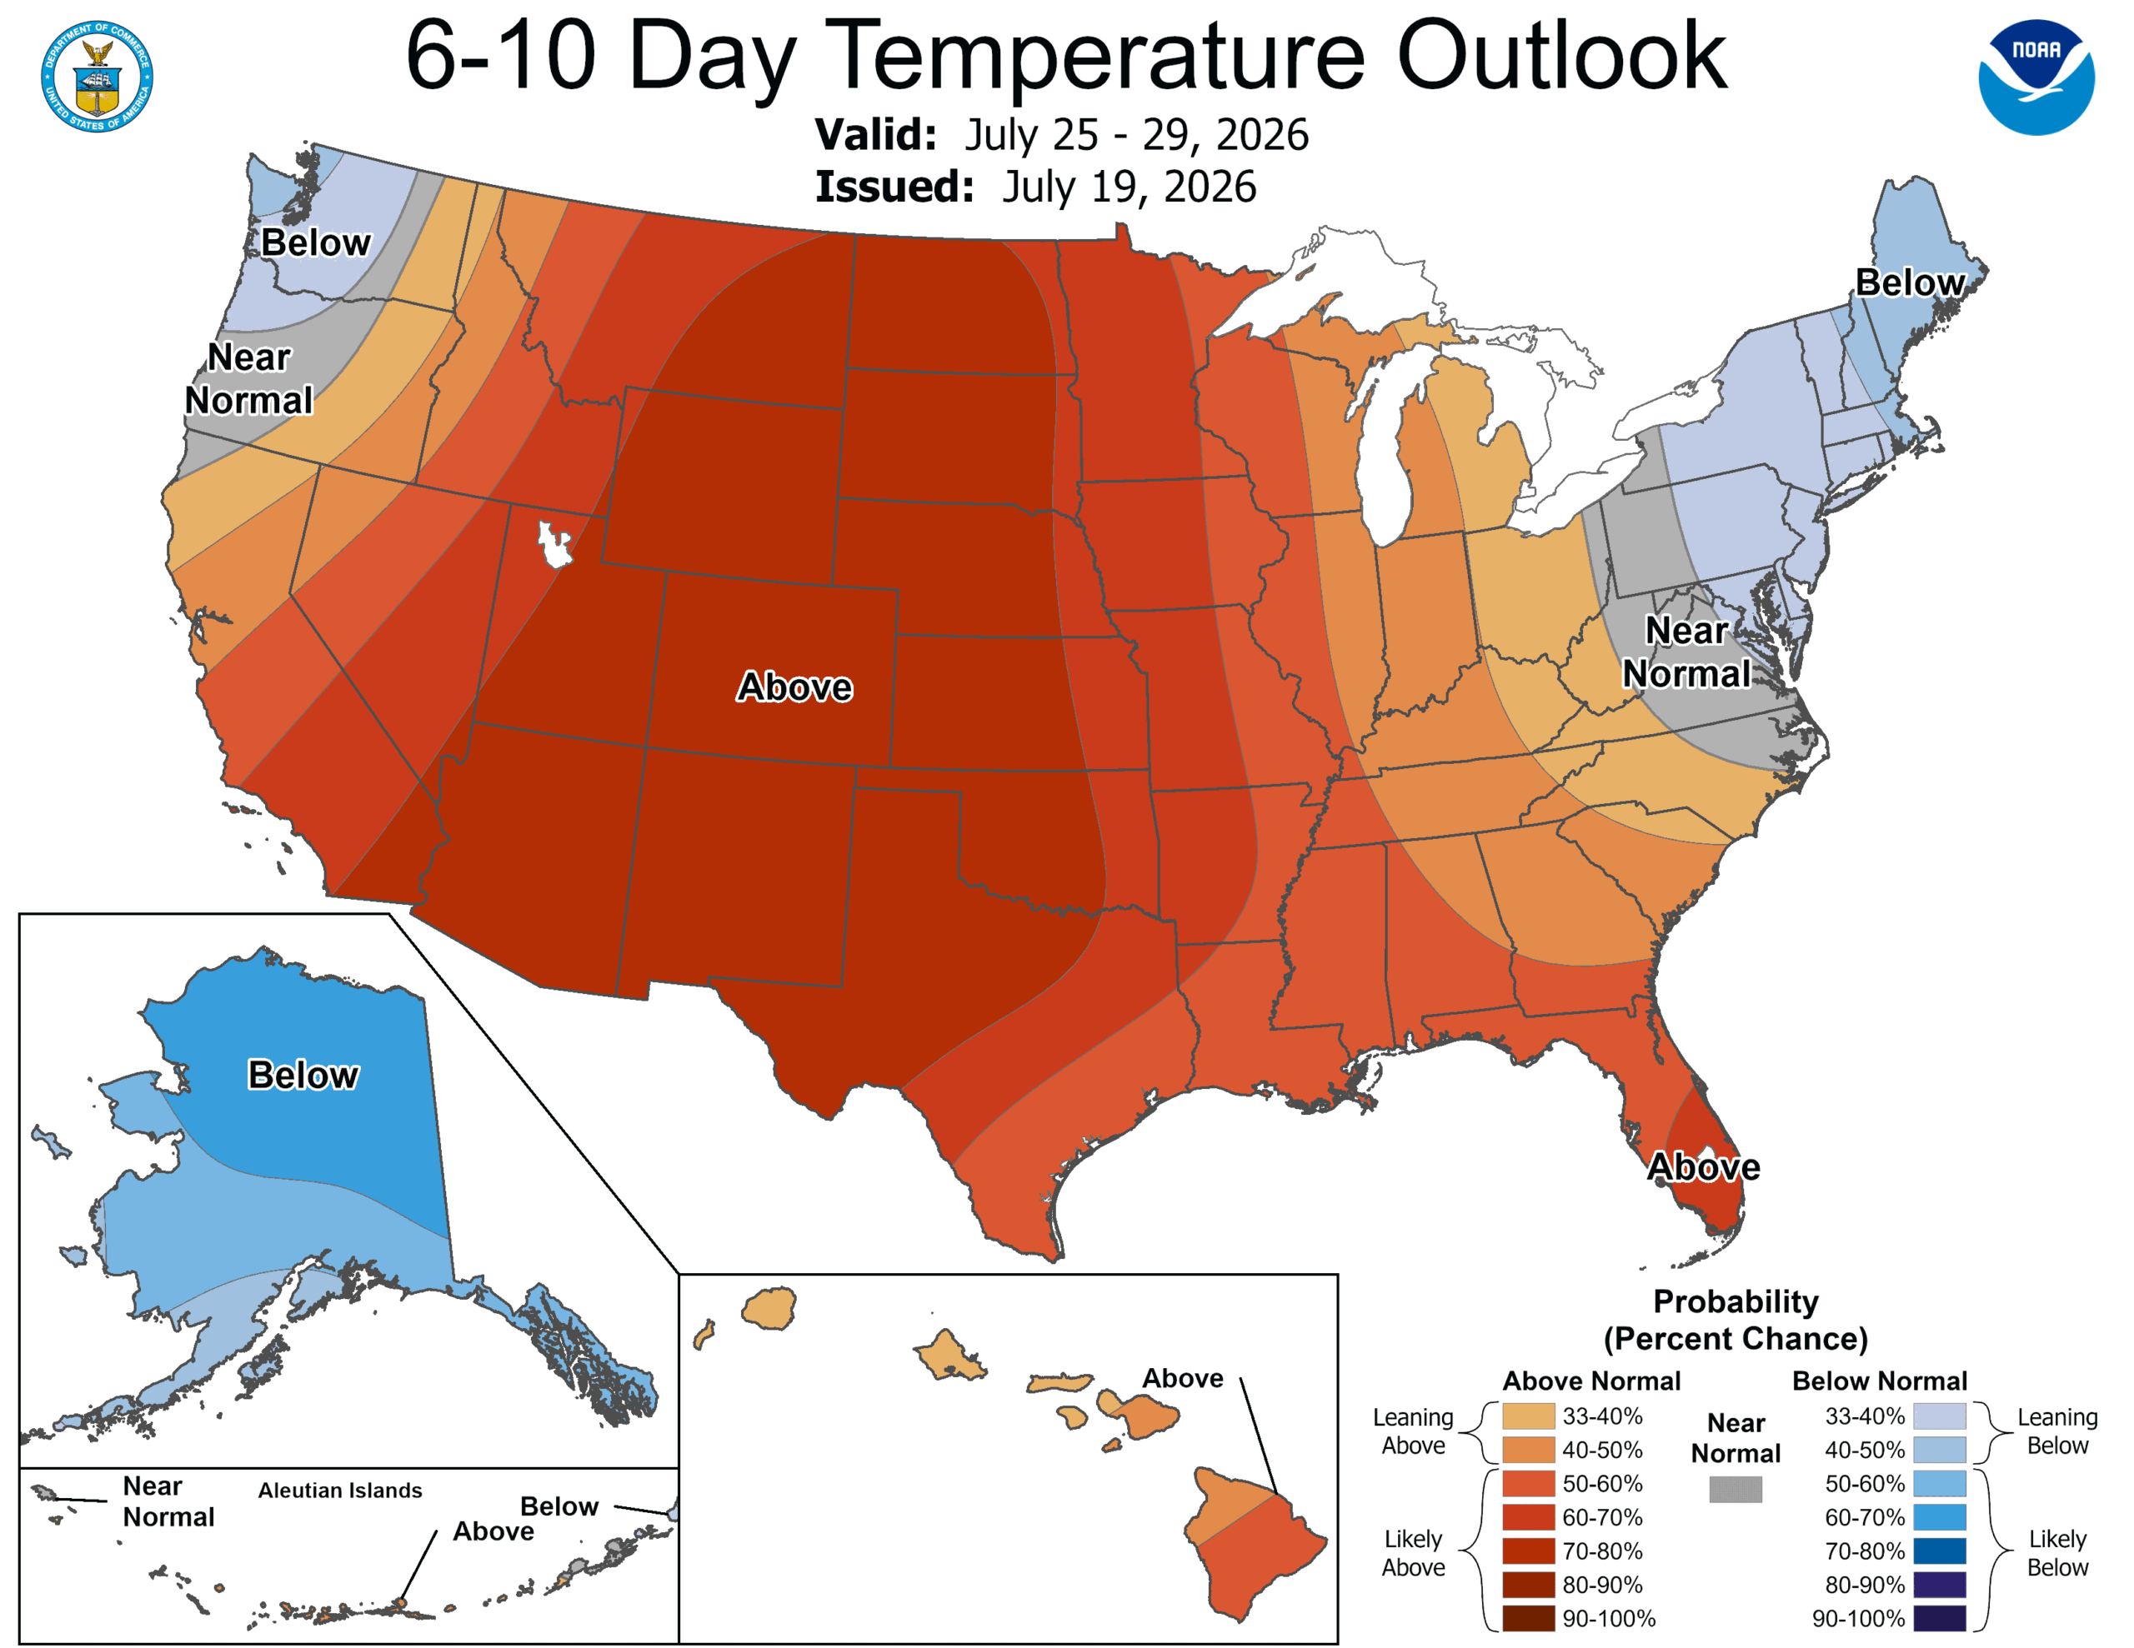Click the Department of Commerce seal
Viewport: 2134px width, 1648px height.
97,76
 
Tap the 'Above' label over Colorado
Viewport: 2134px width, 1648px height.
794,687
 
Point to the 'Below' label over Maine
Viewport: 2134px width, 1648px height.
1911,282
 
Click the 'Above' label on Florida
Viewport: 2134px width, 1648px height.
1704,1166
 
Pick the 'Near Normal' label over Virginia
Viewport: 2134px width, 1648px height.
1686,652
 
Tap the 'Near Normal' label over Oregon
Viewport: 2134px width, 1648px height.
249,379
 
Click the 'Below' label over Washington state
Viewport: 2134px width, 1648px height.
316,242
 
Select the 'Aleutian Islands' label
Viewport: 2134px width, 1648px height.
340,1490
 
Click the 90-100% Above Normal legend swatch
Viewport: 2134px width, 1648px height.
1528,1618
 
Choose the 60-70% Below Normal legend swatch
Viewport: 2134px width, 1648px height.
1940,1517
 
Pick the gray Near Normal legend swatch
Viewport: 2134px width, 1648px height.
1736,1489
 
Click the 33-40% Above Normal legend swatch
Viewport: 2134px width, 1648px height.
1528,1416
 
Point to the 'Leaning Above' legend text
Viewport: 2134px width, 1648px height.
1413,1431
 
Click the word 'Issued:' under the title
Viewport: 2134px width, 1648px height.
895,187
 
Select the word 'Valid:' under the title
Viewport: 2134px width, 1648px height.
876,135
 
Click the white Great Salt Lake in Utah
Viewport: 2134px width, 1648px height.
555,543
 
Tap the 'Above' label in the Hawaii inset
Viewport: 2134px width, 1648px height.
1182,1377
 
